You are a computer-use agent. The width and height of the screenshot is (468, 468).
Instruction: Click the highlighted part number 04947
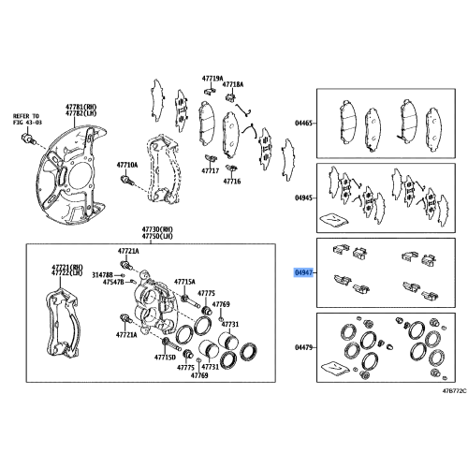click(303, 273)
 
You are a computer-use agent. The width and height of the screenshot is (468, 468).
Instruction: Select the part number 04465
click(303, 124)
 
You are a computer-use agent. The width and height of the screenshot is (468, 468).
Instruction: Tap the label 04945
click(303, 197)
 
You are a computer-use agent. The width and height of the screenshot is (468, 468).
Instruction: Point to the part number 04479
click(303, 347)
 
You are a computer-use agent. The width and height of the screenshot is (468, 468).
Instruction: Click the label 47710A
click(127, 165)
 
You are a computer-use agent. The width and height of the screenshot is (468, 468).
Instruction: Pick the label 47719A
click(212, 79)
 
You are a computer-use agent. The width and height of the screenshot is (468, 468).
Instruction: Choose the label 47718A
click(233, 84)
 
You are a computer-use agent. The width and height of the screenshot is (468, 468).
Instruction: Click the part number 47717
click(211, 170)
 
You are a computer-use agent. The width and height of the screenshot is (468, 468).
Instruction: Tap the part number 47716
click(232, 181)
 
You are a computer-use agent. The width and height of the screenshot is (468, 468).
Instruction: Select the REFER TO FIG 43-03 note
click(27, 119)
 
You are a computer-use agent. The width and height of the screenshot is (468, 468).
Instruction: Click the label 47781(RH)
click(81, 107)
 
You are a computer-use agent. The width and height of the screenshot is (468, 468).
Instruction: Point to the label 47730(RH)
click(157, 229)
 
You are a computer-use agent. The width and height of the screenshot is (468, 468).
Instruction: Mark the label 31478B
click(102, 275)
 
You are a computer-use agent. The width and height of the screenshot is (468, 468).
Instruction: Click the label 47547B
click(113, 283)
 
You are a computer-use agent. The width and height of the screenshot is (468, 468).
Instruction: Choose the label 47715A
click(184, 282)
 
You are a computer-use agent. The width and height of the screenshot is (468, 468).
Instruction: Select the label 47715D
click(165, 358)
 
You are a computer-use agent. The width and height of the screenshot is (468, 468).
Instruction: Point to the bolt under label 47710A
click(127, 180)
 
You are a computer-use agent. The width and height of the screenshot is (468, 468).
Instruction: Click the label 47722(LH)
click(67, 273)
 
